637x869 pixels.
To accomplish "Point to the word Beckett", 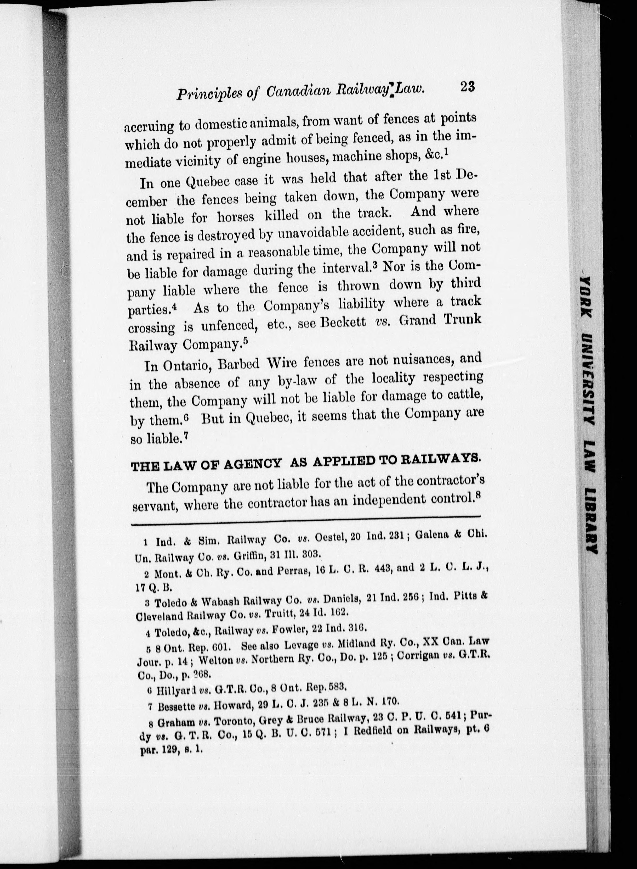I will click(344, 322).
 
